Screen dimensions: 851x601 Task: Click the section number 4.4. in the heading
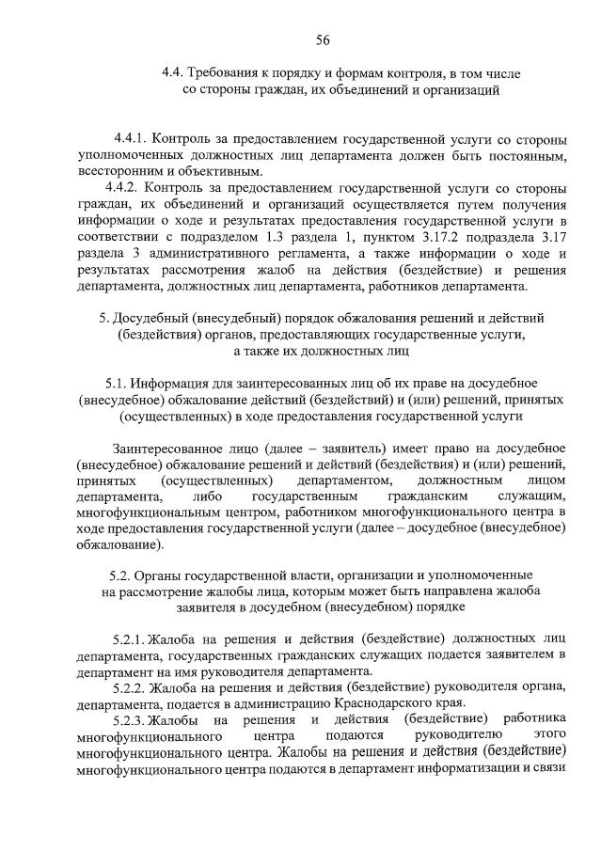coord(172,73)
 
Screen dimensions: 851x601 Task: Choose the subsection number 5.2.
coord(120,575)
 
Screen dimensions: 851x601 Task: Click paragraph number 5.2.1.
coord(130,638)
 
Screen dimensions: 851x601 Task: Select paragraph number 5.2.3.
coord(130,720)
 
